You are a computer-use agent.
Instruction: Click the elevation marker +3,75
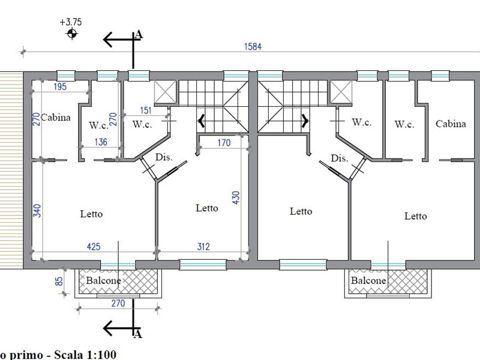(71, 22)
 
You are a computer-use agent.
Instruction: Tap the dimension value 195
(60, 87)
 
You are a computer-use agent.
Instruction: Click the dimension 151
(145, 110)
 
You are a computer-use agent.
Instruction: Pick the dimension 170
(223, 143)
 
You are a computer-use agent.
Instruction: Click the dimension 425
(93, 245)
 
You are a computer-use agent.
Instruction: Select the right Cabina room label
(451, 124)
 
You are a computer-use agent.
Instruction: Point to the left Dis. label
(163, 157)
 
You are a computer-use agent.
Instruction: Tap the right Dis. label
(340, 158)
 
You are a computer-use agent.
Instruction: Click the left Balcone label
(103, 280)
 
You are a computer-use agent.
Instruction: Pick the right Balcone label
(368, 280)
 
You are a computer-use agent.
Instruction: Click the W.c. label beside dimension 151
(142, 125)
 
